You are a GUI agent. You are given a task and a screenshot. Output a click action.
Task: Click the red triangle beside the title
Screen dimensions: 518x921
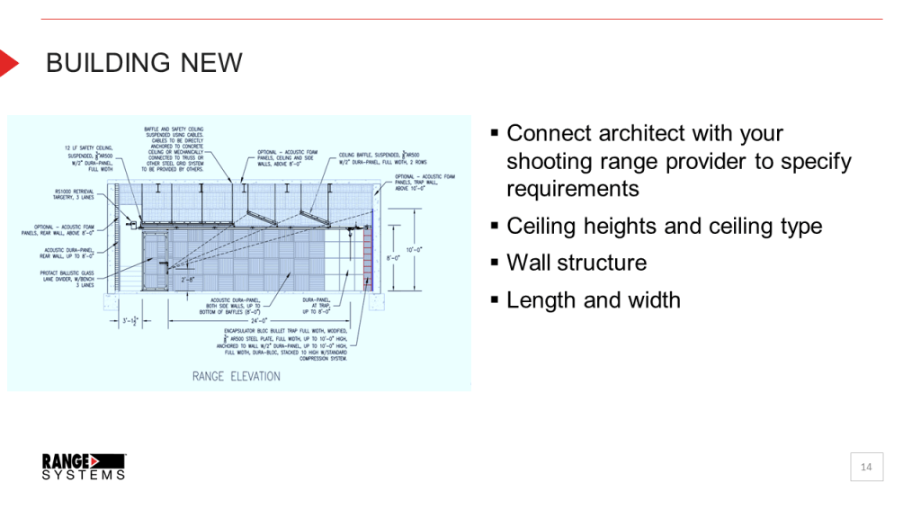point(8,63)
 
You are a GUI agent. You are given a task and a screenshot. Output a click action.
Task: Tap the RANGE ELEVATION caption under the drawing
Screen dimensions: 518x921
point(236,376)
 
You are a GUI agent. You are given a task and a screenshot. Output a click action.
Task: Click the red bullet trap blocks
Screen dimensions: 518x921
point(367,261)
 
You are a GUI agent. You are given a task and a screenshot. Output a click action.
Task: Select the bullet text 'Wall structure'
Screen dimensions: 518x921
point(576,263)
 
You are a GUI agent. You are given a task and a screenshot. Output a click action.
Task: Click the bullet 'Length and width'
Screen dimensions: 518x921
point(593,300)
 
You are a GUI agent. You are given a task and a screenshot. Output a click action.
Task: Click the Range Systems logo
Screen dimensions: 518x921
point(84,466)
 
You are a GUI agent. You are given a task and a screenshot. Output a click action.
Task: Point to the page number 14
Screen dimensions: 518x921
point(866,467)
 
